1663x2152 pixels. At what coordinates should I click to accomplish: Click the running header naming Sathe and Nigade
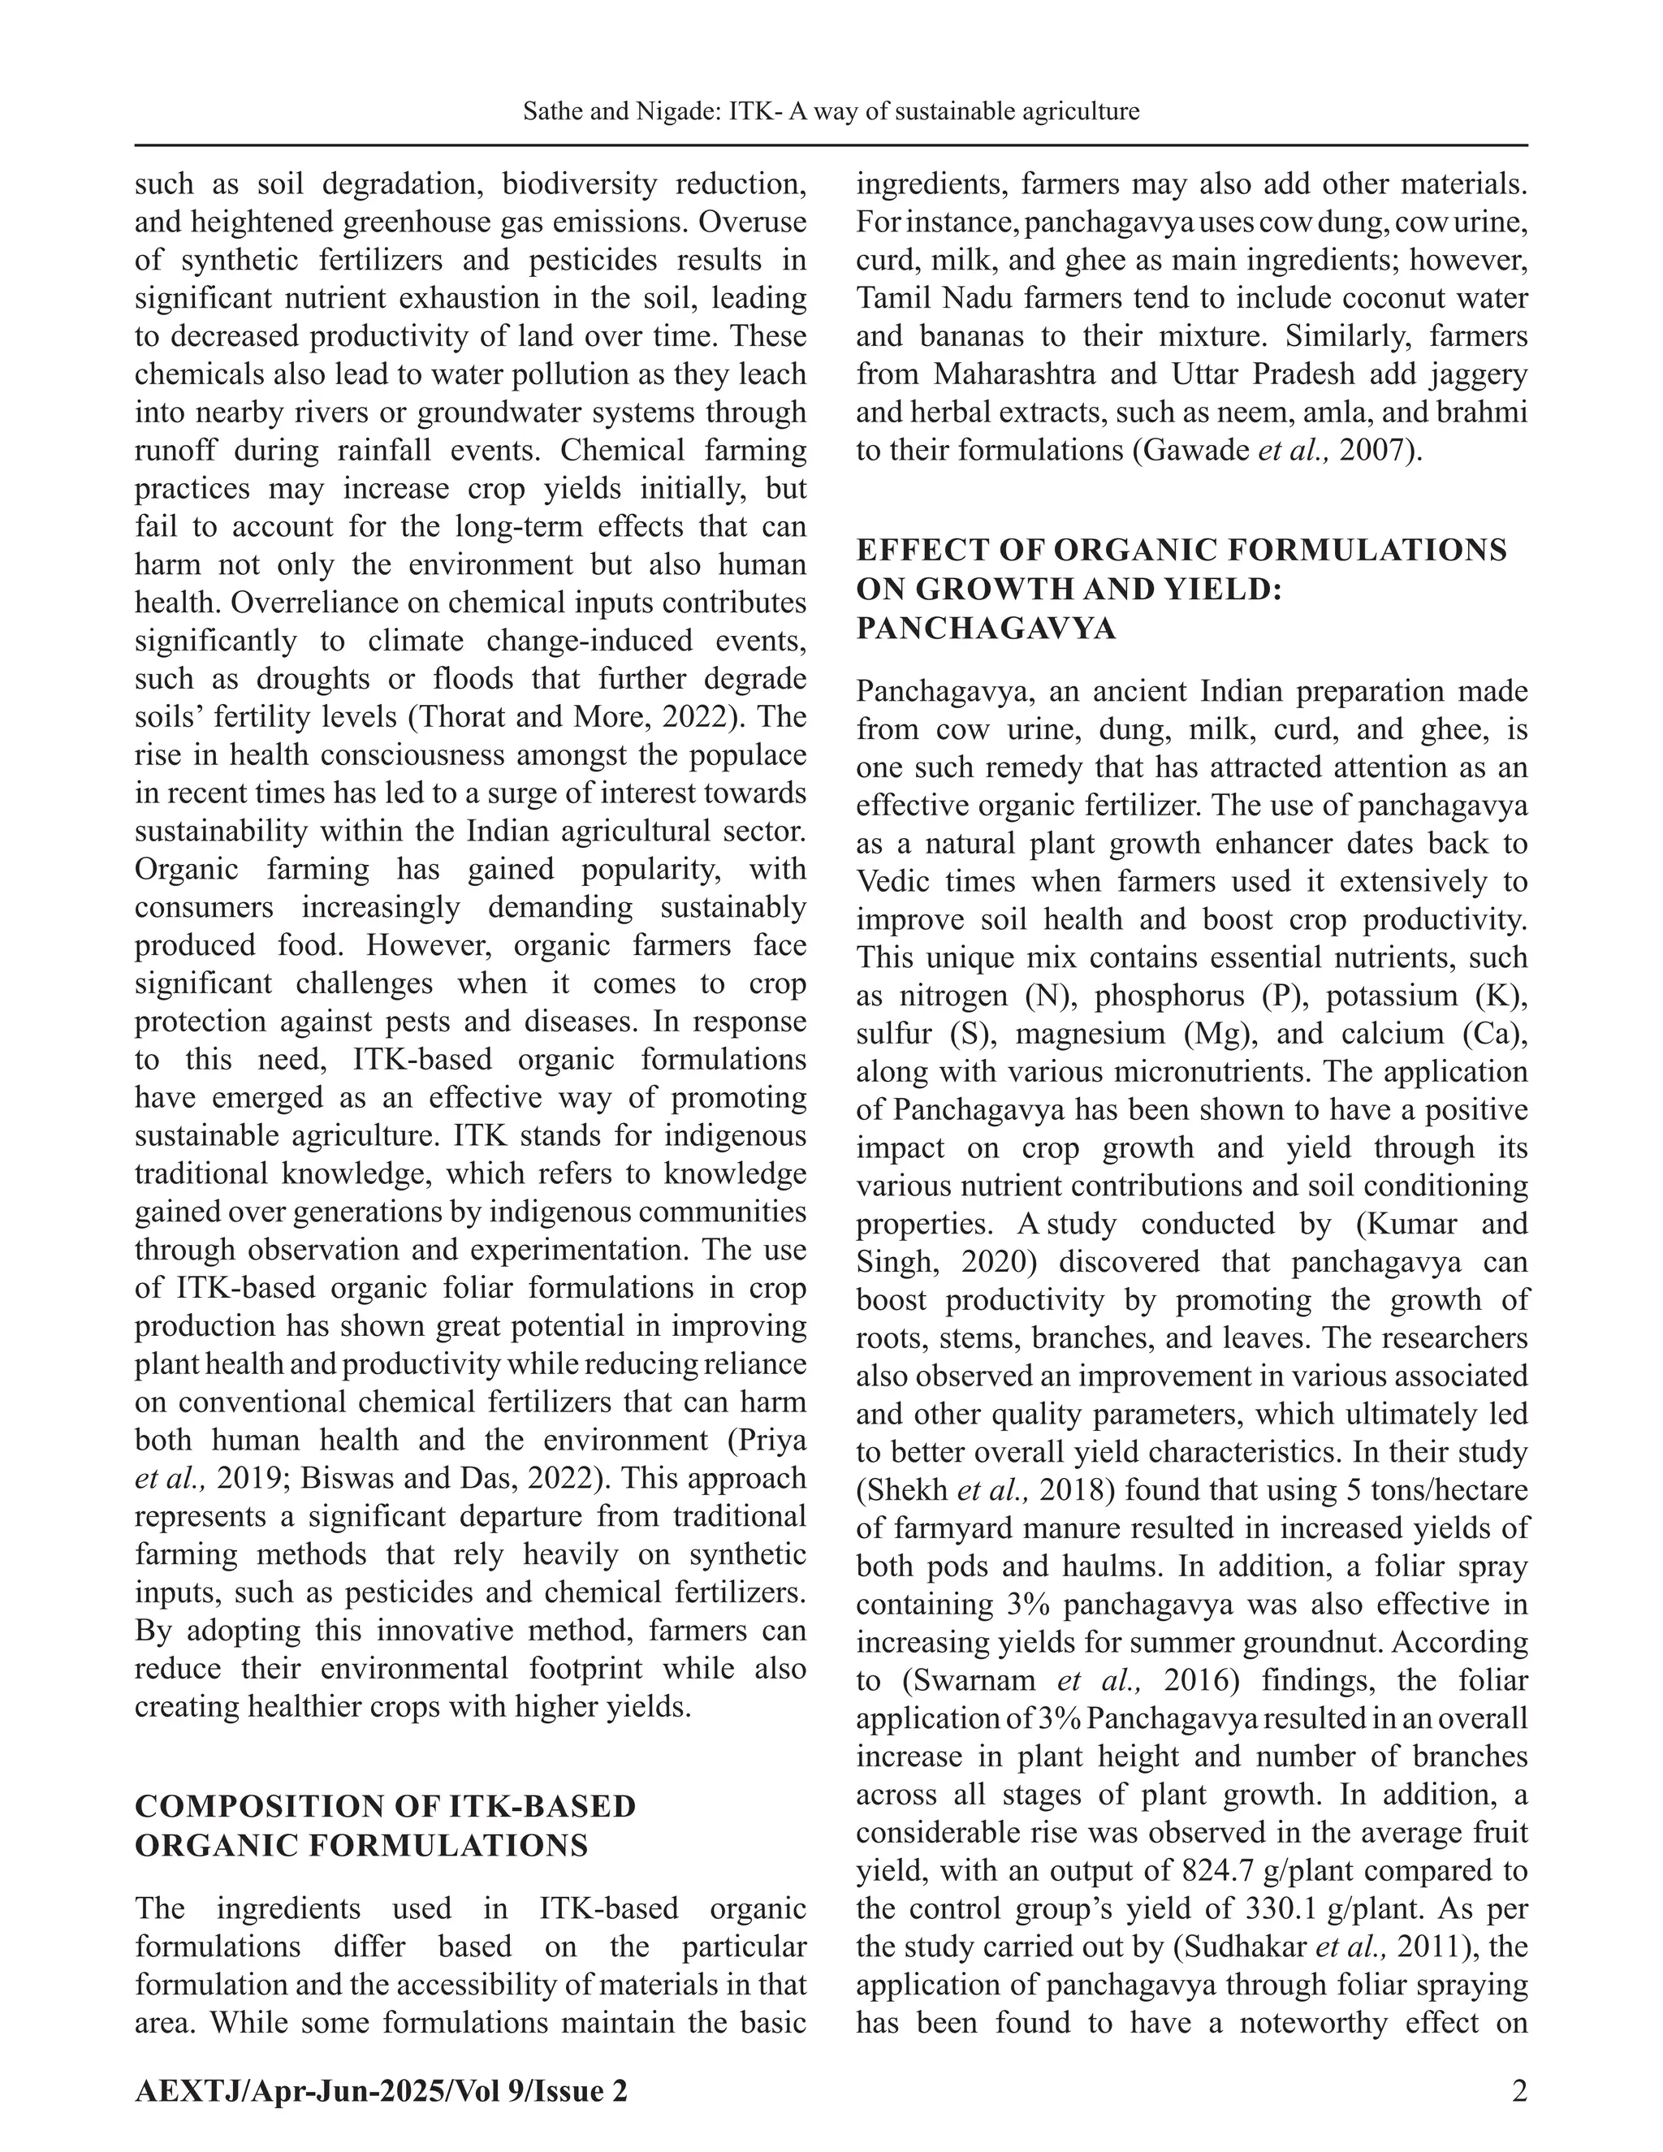point(831,111)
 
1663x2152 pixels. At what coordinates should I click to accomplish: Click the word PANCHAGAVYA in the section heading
point(986,629)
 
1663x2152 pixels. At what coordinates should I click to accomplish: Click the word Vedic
point(899,882)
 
